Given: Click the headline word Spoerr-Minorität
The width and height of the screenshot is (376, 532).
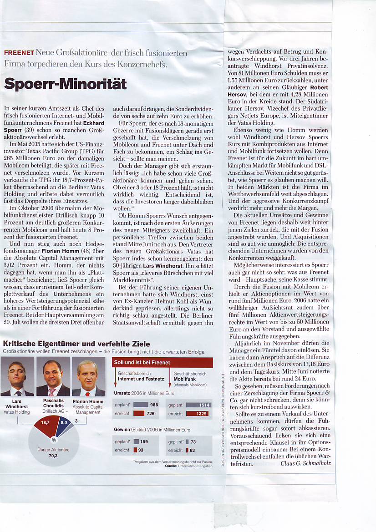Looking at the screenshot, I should pos(65,84).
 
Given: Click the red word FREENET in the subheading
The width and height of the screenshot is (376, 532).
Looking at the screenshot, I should pos(19,53).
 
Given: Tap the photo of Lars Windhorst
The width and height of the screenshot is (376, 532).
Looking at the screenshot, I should pos(17,376).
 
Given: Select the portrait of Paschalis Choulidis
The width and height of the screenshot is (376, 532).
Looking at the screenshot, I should pos(53,376).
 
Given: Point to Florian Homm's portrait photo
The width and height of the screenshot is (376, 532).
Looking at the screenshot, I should pos(88,378).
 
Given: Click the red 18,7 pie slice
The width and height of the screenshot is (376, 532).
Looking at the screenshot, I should pos(45,424).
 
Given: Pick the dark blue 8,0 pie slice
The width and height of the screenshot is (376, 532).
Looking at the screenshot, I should pos(64,423).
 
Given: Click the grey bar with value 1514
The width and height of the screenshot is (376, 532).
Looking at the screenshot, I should pos(198,405).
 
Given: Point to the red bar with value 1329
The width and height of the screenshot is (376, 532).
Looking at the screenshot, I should pos(196,413).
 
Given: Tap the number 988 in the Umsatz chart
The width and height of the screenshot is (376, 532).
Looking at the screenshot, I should pos(154,405).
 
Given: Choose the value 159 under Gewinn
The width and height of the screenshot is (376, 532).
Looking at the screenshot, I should pos(144,441).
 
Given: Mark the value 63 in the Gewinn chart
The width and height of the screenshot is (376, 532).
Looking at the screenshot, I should pos(192,450).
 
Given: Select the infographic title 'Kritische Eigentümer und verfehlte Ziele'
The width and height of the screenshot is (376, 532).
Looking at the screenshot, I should pos(76,344).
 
